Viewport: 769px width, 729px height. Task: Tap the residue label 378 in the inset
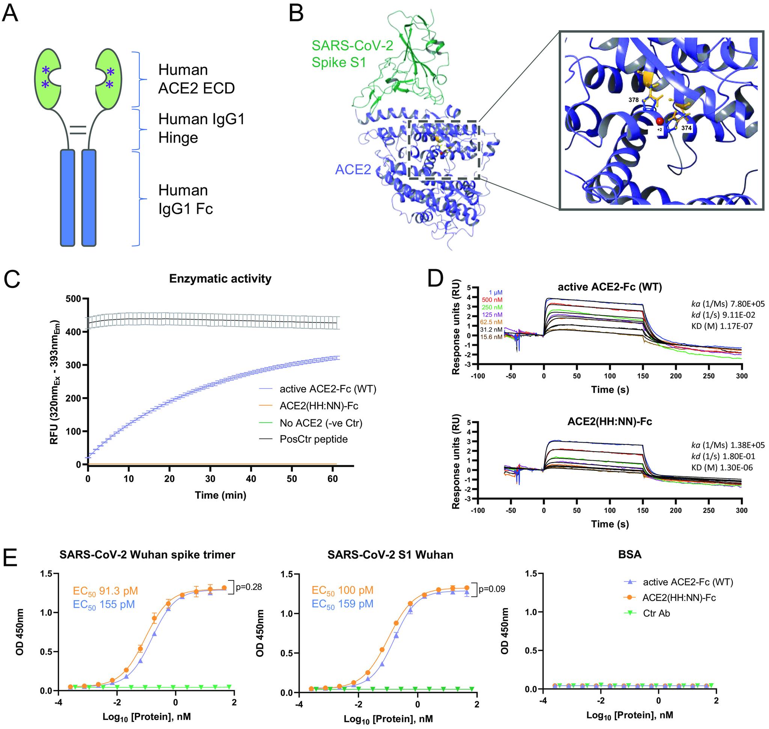pyautogui.click(x=634, y=100)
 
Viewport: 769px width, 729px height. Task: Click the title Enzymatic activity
pyautogui.click(x=220, y=279)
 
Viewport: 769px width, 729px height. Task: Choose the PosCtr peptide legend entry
pyautogui.click(x=314, y=439)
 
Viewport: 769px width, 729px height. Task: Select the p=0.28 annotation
pyautogui.click(x=249, y=587)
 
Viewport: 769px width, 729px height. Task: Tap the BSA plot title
pyautogui.click(x=629, y=554)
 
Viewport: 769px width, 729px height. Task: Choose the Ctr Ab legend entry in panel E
pyautogui.click(x=656, y=613)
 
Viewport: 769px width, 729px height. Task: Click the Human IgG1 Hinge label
pyautogui.click(x=201, y=128)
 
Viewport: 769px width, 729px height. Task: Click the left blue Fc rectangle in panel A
pyautogui.click(x=67, y=198)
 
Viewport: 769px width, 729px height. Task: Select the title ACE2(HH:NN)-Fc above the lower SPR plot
pyautogui.click(x=609, y=421)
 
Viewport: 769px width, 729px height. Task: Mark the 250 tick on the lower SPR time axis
pyautogui.click(x=709, y=510)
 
